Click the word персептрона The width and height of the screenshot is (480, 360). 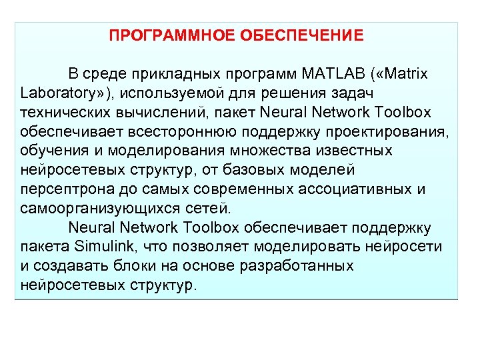click(x=63, y=189)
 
